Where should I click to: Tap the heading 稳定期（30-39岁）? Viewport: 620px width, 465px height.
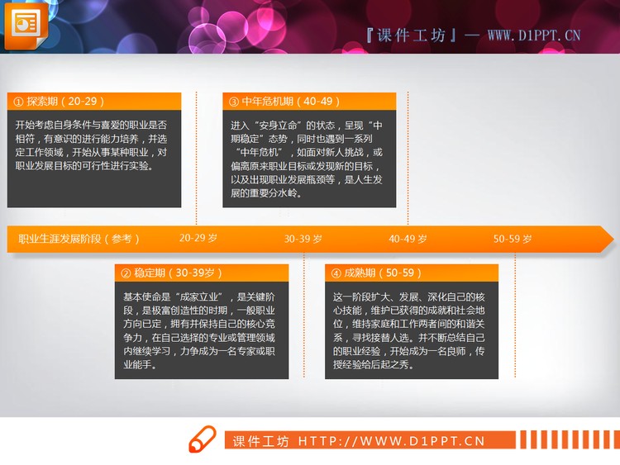click(173, 273)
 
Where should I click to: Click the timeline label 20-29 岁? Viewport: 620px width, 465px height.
click(198, 238)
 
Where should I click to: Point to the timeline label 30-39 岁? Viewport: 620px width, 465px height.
click(303, 239)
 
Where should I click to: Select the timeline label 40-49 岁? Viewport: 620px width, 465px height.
click(408, 239)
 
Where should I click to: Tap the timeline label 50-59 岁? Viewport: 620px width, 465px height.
click(513, 239)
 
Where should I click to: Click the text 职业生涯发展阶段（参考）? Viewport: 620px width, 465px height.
click(79, 239)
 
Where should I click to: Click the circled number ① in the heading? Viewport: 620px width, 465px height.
click(17, 102)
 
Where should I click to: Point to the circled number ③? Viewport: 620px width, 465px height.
click(233, 102)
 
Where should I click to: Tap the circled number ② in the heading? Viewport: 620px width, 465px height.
click(126, 273)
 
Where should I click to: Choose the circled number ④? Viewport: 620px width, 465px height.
click(336, 273)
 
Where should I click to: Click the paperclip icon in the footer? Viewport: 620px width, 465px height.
click(203, 440)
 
